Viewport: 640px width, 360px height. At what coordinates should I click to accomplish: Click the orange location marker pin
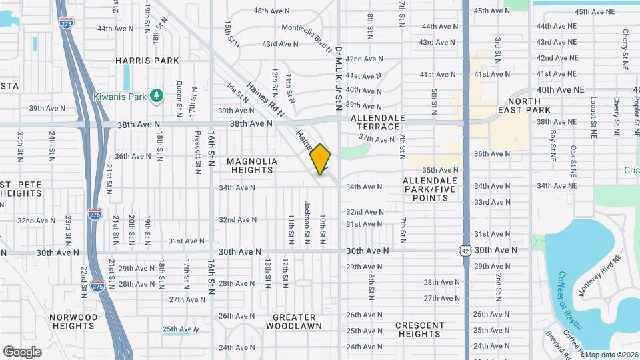pos(321,159)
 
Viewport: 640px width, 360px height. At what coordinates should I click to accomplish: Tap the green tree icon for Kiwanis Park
pos(157,97)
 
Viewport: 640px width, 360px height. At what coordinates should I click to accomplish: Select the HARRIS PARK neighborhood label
pos(147,61)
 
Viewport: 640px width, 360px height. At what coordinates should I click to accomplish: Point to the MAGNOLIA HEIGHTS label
pos(251,165)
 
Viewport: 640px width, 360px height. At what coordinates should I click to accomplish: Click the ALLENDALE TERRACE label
pos(377,122)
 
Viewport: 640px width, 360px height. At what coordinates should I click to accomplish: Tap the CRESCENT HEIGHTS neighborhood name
pos(419,329)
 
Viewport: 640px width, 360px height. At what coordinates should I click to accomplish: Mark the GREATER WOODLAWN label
pos(294,321)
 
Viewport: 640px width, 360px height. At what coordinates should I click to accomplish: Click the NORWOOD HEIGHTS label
pos(73,321)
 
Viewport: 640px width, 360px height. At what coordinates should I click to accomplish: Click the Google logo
pos(22,351)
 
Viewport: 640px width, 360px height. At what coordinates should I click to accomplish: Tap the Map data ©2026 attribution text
pos(611,355)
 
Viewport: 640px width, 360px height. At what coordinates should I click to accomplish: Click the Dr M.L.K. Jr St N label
pos(338,79)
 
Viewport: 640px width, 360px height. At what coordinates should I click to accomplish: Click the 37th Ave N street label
pos(377,139)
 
